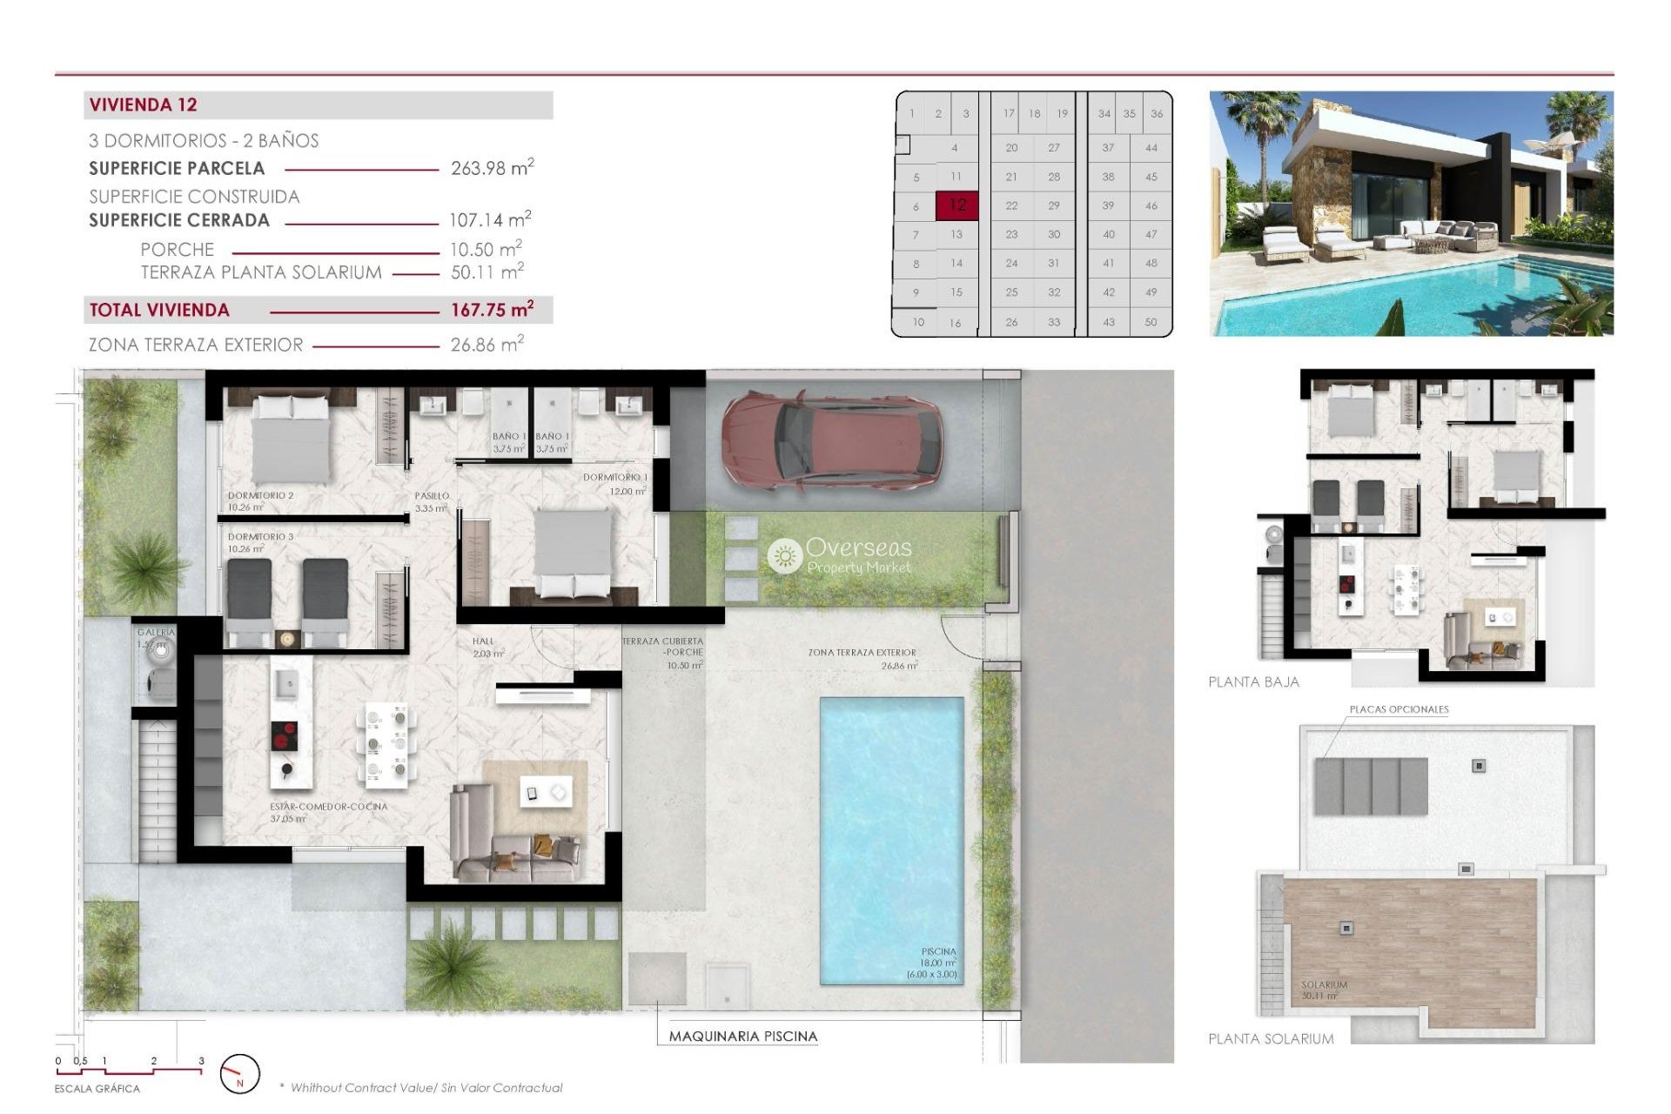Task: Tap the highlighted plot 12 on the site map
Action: coord(956,205)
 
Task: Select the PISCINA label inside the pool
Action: coord(937,952)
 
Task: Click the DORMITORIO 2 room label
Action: coord(260,495)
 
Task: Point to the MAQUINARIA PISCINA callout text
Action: coord(742,1036)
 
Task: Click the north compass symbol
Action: coord(239,1073)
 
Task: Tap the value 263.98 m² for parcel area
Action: coord(492,168)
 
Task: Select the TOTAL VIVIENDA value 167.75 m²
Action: coord(492,310)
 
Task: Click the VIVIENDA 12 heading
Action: coord(144,105)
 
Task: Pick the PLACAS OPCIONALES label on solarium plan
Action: coord(1399,709)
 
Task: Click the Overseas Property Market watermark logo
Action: coord(784,555)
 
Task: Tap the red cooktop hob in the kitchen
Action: coord(284,736)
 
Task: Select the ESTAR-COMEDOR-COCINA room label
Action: coord(328,807)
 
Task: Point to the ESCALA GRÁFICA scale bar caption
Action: coord(97,1089)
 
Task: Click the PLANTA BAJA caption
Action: coord(1253,682)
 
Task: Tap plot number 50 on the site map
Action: coord(1151,322)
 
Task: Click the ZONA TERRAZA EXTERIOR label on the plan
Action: coord(861,653)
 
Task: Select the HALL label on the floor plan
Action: coord(483,641)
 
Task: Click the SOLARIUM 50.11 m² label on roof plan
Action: coord(1324,990)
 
